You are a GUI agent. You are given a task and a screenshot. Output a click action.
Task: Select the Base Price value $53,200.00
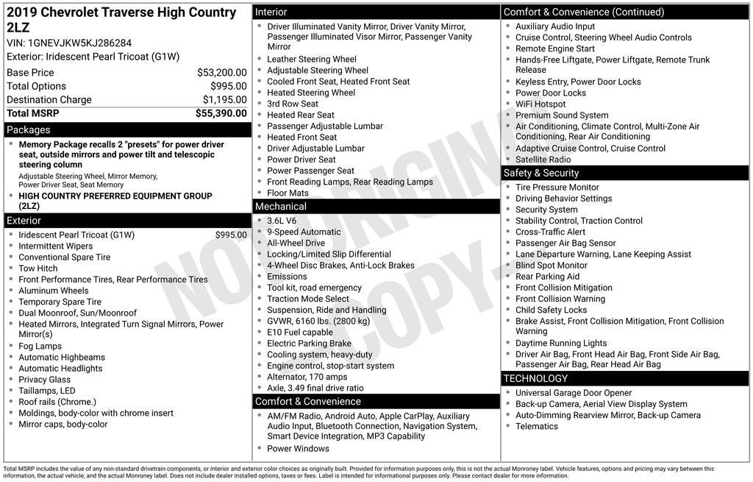[221, 73]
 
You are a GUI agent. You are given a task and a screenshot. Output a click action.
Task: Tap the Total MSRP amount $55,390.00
[221, 113]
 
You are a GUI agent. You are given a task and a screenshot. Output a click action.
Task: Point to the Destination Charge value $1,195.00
[224, 100]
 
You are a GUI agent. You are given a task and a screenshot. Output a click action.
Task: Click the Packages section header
[29, 130]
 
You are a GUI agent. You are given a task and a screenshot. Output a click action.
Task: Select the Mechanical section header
[280, 207]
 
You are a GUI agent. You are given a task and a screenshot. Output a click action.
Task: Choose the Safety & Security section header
[541, 173]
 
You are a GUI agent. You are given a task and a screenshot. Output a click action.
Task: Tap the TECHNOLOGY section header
[535, 378]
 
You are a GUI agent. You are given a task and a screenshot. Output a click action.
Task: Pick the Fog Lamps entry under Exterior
[40, 346]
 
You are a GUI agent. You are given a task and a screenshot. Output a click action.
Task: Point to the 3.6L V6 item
[282, 221]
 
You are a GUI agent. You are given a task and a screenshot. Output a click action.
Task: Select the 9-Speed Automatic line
[304, 232]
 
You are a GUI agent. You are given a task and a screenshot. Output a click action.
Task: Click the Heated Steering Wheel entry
[311, 93]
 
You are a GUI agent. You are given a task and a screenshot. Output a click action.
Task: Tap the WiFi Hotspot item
[540, 104]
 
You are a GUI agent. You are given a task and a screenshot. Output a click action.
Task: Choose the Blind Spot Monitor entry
[551, 265]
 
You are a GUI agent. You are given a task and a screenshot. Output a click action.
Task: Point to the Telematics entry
[536, 426]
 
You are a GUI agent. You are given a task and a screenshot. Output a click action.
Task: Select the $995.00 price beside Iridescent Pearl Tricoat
[231, 235]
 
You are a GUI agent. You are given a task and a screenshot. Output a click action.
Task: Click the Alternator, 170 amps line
[307, 377]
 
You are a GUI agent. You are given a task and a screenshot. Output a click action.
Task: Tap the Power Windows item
[298, 448]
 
